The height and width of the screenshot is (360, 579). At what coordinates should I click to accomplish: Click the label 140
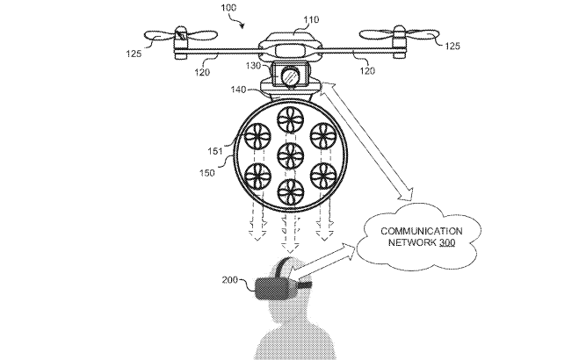click(238, 89)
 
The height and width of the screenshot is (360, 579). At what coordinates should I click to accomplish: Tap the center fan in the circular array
click(289, 156)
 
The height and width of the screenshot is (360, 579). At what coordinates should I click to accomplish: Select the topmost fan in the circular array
click(289, 119)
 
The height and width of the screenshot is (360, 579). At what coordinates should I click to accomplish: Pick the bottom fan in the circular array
click(289, 191)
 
